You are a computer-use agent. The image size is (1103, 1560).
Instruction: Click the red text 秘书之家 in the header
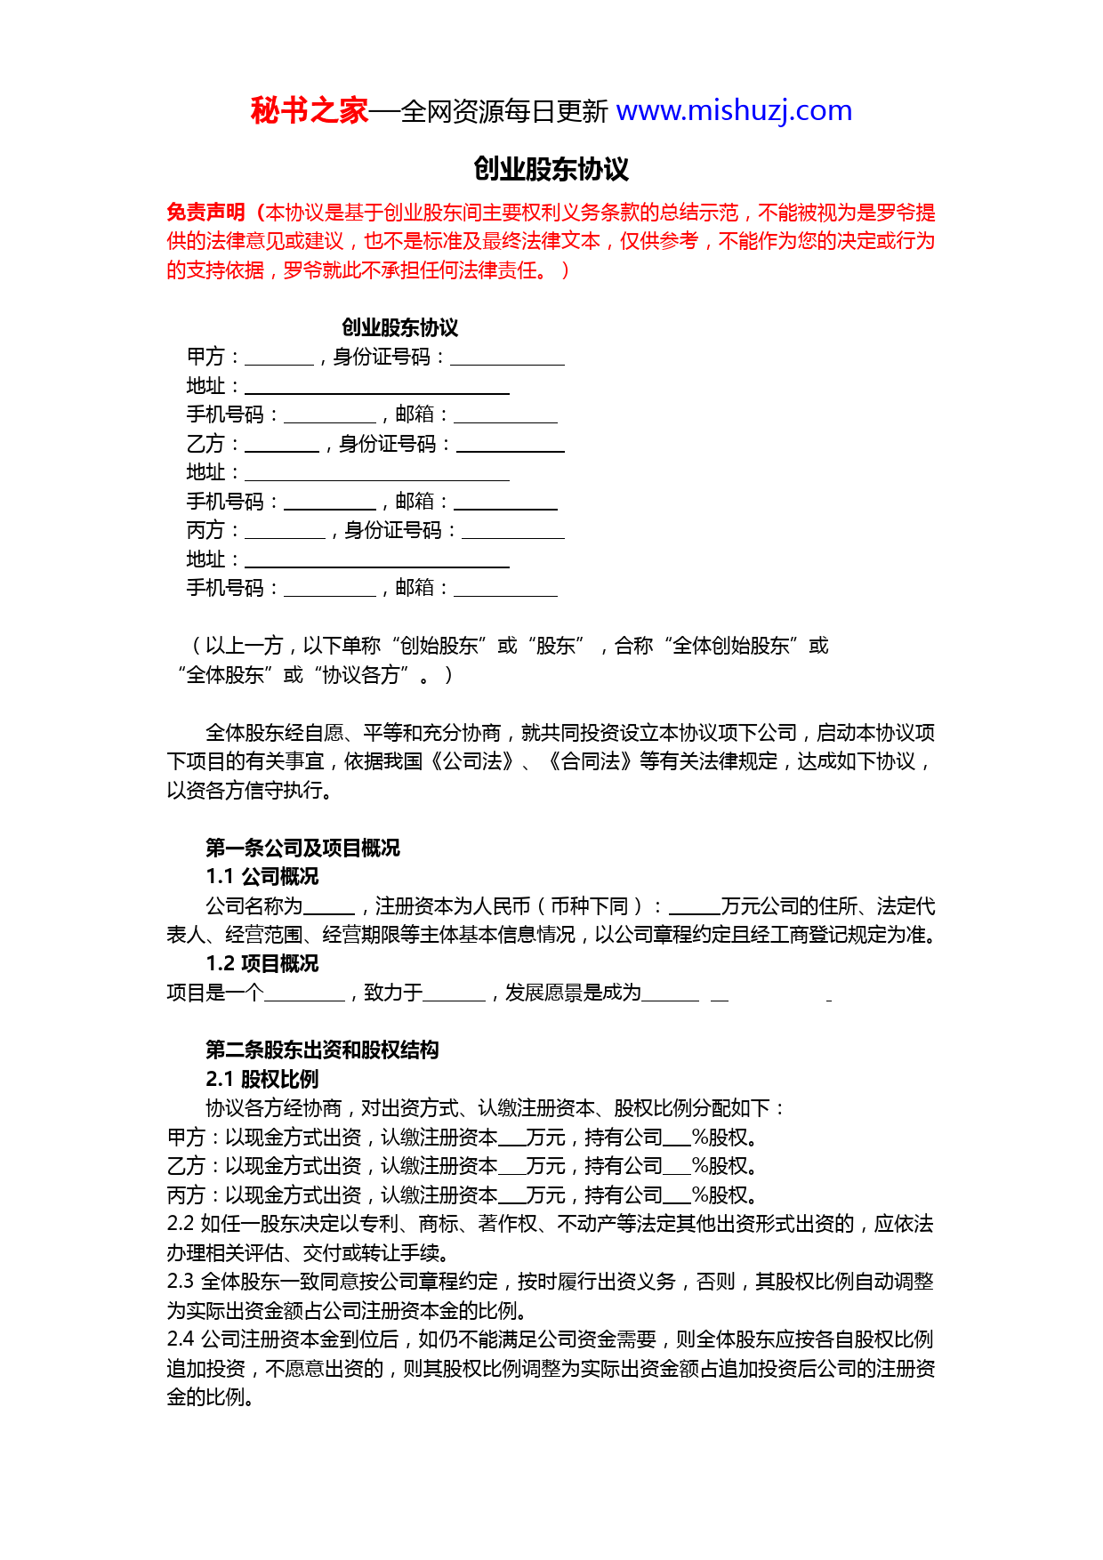(309, 111)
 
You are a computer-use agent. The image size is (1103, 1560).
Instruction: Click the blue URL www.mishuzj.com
(734, 111)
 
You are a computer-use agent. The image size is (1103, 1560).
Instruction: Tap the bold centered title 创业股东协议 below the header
(551, 169)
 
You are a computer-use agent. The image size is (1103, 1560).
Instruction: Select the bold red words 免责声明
(205, 213)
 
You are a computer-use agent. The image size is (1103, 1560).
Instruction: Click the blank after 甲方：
(278, 358)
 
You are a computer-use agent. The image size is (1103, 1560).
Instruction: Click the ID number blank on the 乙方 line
(510, 446)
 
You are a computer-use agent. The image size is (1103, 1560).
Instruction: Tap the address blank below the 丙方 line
(376, 561)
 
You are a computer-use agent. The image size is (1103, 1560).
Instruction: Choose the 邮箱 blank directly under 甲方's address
(505, 416)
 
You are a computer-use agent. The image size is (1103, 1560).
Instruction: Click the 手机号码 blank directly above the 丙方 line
(330, 503)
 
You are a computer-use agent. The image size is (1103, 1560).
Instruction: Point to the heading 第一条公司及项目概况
(302, 848)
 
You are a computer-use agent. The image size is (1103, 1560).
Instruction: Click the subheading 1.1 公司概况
(262, 877)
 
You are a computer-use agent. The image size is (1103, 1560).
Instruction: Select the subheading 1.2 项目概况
(262, 964)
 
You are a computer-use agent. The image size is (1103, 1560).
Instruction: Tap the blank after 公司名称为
(329, 908)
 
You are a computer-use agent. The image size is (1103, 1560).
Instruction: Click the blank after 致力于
(454, 994)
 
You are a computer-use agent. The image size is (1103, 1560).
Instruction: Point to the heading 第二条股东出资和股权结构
(322, 1050)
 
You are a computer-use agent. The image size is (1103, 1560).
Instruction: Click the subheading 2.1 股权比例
(262, 1080)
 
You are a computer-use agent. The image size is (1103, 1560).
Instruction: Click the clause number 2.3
(181, 1282)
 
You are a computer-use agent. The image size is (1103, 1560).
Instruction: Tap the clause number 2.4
(181, 1339)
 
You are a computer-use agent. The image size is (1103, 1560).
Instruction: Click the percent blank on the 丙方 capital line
(677, 1197)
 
